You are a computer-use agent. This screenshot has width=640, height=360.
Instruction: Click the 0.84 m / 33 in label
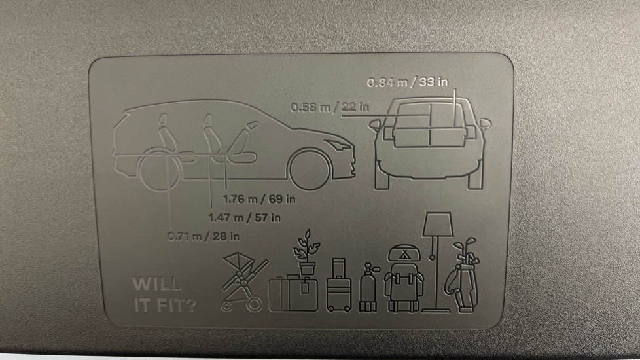pos(407,82)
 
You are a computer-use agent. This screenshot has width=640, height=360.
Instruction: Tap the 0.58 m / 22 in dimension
pos(330,107)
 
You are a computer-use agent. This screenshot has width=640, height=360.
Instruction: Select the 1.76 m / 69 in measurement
pos(258,199)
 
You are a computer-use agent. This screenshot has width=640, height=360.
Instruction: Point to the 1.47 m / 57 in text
pos(245,218)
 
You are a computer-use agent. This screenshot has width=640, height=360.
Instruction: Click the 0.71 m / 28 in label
pos(204,236)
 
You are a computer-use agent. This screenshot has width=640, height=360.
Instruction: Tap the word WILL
pos(156,283)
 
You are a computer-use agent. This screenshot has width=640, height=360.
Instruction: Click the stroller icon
pos(243,282)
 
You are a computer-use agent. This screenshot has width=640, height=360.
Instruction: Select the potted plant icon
pos(306,252)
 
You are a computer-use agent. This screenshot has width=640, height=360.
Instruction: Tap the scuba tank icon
pos(368,288)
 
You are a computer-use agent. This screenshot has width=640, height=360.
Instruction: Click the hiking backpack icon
pos(404,279)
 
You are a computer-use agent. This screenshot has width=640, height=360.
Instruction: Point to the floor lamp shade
pos(438,224)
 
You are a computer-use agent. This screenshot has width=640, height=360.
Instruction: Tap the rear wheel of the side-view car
pos(160,170)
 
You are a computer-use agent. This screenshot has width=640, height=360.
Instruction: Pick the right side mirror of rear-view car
pos(485,124)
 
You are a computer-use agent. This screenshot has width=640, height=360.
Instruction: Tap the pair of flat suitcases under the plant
pos(293,294)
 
